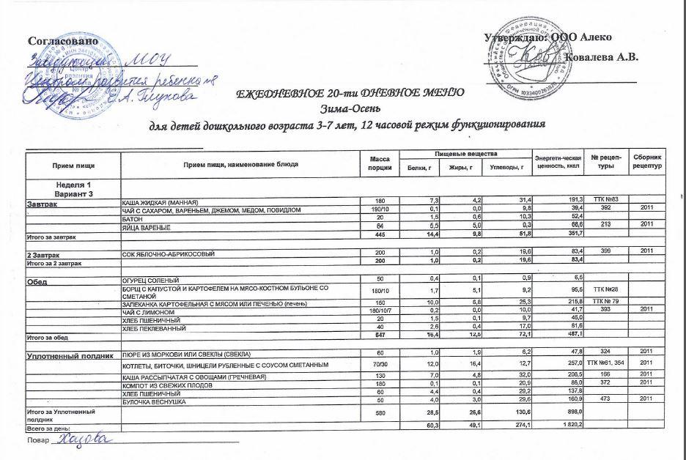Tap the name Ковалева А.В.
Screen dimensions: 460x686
[x=603, y=56]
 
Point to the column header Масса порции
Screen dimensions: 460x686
[x=380, y=165]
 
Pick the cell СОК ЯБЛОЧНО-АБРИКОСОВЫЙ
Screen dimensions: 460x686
[x=168, y=253]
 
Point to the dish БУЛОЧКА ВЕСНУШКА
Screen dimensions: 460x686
[x=155, y=402]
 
